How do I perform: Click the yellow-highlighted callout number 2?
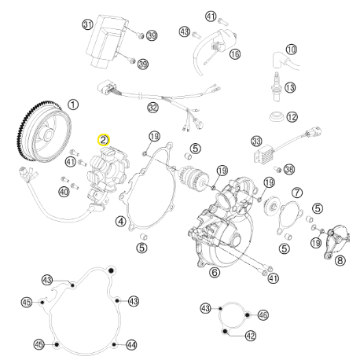click(104, 140)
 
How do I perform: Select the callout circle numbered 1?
click(73, 105)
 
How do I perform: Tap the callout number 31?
click(88, 24)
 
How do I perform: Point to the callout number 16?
click(235, 54)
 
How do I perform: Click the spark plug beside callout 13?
click(277, 86)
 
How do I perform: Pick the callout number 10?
click(292, 50)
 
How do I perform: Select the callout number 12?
click(292, 117)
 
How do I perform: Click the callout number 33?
click(256, 141)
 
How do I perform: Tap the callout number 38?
click(289, 169)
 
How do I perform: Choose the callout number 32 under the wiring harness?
click(152, 108)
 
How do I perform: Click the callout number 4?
click(121, 222)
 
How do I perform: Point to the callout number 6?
click(215, 273)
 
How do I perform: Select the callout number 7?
click(297, 193)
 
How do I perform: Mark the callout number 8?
click(340, 260)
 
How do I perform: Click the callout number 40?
click(64, 192)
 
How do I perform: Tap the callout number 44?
click(131, 345)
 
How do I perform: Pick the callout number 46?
click(263, 314)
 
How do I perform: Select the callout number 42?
click(251, 336)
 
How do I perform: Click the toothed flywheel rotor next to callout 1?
click(43, 130)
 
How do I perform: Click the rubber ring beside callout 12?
click(277, 116)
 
